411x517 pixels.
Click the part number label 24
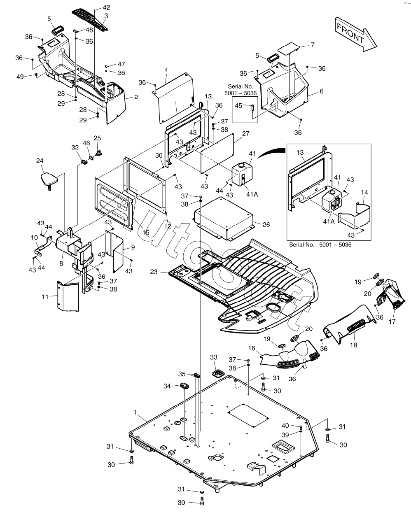40,161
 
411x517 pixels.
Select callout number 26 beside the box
266,225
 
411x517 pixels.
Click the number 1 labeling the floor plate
135,411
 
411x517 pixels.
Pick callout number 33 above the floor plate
213,357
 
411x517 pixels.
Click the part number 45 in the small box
238,106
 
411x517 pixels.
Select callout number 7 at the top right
312,44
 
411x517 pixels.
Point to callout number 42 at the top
106,7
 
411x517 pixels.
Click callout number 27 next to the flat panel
245,133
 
